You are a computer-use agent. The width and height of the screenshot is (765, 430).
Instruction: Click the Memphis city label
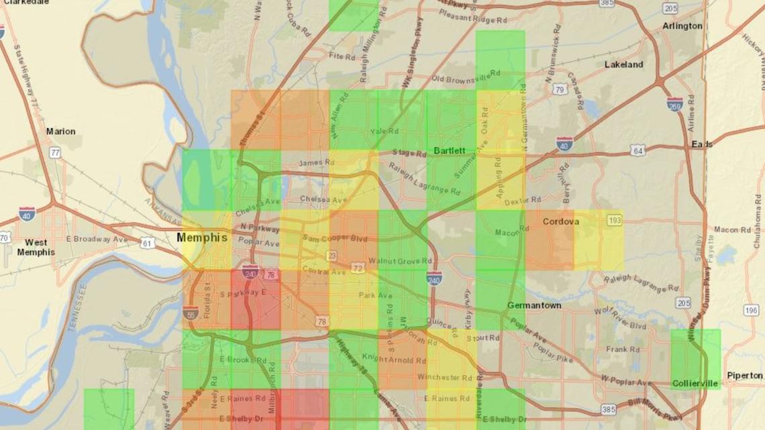tap(202, 237)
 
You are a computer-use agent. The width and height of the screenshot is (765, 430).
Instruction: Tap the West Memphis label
tap(36, 247)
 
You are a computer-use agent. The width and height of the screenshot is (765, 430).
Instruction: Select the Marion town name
tap(60, 131)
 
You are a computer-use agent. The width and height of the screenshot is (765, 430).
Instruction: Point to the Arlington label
tap(682, 26)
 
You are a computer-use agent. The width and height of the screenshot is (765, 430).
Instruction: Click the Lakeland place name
tap(623, 64)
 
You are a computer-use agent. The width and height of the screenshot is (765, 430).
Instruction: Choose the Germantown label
tap(534, 305)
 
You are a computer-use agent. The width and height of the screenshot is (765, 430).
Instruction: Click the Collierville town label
tap(695, 384)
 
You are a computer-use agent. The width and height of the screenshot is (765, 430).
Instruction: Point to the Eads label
tap(703, 144)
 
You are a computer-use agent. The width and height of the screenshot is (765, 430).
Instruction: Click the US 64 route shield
tap(637, 151)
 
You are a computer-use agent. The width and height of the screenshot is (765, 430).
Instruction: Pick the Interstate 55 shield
tap(190, 313)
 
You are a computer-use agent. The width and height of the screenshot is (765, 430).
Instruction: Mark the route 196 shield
tap(750, 310)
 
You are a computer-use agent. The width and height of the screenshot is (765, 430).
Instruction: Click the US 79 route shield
tap(560, 89)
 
